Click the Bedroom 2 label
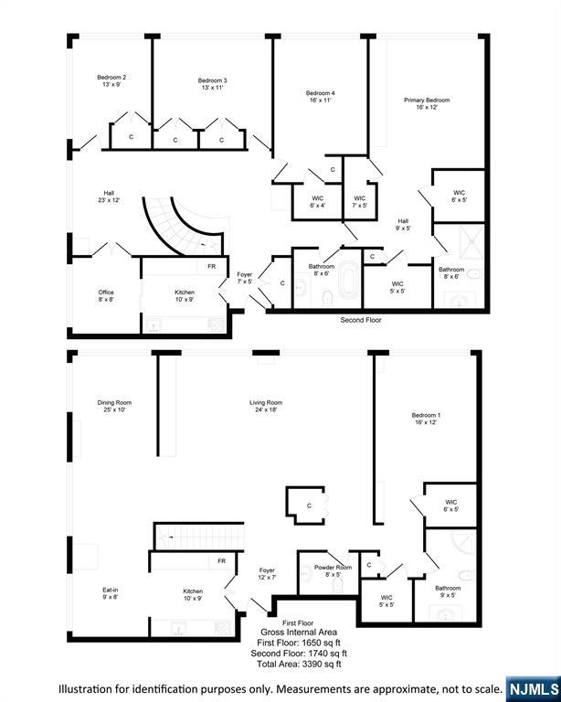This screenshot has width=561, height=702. pos(111,80)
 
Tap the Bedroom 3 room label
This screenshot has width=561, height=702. pos(212,85)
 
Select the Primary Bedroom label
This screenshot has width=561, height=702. pos(427,102)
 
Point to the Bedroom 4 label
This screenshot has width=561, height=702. pos(320,97)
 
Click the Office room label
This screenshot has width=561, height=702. pos(106,296)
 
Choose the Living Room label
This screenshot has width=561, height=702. pos(266,406)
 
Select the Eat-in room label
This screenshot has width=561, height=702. pos(110,594)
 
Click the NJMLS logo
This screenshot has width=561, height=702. pos(534,687)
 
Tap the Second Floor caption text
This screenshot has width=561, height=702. pos(360,321)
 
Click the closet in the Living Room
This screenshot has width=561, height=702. pos(305,505)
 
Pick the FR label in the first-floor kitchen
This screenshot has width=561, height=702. pos(220,560)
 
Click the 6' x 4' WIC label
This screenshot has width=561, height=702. pos(318,202)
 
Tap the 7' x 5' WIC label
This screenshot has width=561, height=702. pos(359,202)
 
